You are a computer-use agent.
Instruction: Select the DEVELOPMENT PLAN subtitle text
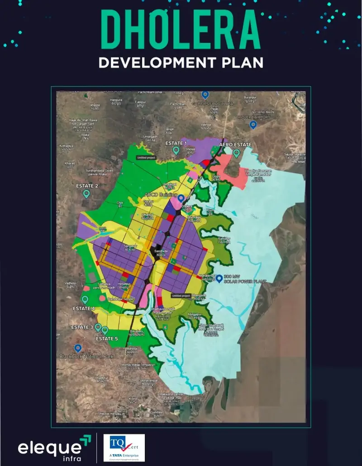tap(181, 62)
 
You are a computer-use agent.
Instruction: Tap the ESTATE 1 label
tap(176, 143)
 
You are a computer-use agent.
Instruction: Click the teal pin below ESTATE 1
tap(176, 150)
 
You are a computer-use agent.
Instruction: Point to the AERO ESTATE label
tap(235, 144)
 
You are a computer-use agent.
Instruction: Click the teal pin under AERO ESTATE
tap(236, 153)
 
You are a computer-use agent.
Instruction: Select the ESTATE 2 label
tap(87, 186)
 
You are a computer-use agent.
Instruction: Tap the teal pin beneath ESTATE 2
tap(86, 193)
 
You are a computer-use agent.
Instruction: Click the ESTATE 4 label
tap(84, 308)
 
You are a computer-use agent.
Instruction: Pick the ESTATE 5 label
tap(107, 338)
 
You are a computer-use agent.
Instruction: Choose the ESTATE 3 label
tap(82, 327)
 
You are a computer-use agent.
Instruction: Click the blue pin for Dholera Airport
tap(253, 124)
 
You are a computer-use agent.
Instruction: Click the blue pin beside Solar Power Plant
tap(219, 279)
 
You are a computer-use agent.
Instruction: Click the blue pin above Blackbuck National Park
tap(78, 348)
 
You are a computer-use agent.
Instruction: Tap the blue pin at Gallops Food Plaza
tap(205, 95)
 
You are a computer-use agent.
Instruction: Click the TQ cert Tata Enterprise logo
tap(124, 447)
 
